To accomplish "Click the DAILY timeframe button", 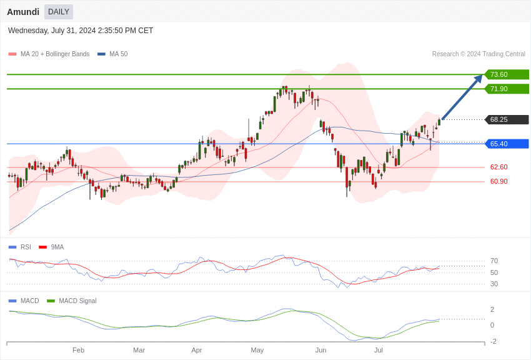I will tap(59, 12).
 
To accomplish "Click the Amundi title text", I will tap(23, 12).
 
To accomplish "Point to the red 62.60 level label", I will tap(499, 167).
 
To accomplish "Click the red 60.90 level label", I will tap(499, 181).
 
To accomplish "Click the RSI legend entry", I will tap(26, 247).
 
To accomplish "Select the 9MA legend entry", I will tap(57, 247).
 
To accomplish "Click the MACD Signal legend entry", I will tap(77, 301).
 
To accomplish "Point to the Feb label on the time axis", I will tap(78, 350).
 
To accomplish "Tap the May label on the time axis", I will tap(257, 350).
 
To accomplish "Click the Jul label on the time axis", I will tap(379, 350).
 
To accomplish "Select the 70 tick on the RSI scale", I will tap(494, 261).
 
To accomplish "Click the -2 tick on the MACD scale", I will tap(494, 341).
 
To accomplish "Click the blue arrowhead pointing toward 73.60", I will tap(479, 78).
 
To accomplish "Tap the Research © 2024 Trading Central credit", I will tap(479, 54).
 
